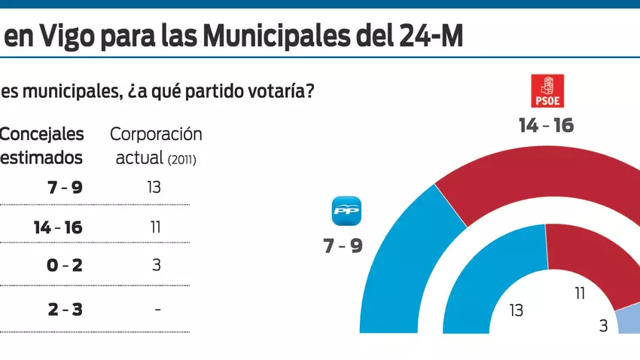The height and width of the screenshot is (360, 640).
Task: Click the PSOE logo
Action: pos(547,91)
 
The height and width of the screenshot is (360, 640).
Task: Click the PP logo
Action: pos(347,211)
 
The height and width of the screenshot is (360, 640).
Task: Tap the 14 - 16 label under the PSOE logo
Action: pos(546,125)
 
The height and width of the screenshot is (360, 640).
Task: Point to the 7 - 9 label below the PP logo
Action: pos(343,245)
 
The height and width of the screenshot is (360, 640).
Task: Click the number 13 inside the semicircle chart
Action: pos(517,310)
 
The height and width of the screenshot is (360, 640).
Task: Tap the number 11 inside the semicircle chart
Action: pos(580,294)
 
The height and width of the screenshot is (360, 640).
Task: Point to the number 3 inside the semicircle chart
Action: pos(603,326)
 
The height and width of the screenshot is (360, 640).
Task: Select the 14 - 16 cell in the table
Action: pos(58,227)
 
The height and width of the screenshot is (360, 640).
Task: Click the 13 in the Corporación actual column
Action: pos(154,187)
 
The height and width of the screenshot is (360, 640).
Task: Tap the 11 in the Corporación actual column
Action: pos(156,227)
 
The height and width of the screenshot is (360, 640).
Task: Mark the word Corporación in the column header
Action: pos(156,134)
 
